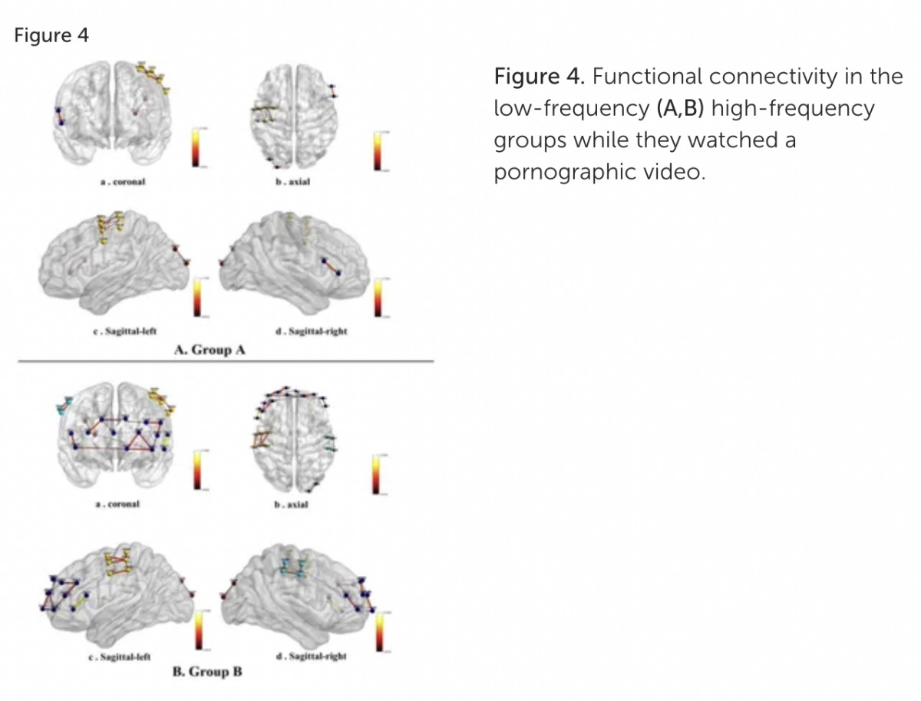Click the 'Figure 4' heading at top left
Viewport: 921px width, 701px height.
pos(51,36)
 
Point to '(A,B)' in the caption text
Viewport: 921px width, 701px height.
pos(682,108)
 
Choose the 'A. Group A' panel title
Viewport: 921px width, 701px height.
pos(210,350)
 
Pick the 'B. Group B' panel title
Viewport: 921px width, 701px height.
pos(206,672)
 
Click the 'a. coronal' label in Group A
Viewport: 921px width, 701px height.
pos(123,183)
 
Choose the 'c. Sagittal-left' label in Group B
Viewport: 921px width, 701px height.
pos(120,657)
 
